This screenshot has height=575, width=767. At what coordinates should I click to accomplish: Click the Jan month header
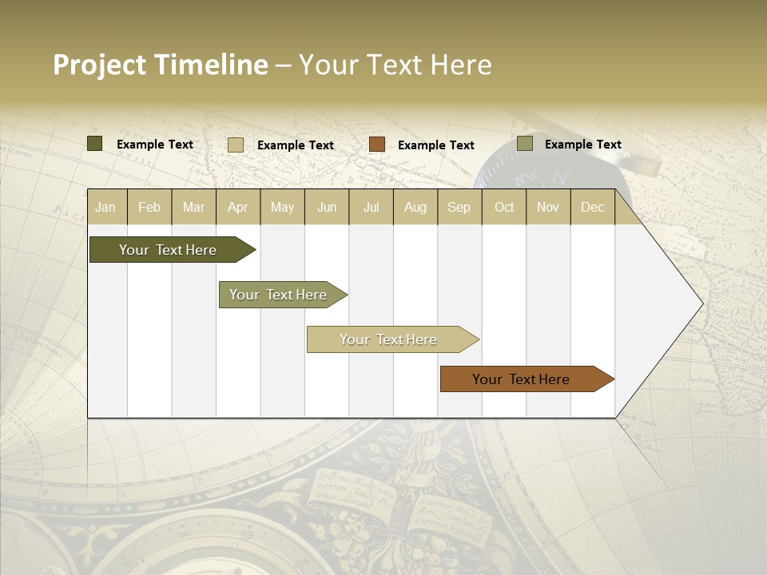tap(105, 207)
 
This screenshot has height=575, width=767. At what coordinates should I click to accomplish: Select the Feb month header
tap(149, 207)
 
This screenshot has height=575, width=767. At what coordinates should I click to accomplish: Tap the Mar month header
tap(193, 207)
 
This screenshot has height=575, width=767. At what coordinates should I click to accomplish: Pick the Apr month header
tap(238, 207)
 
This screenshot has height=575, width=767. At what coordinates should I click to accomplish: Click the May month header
tap(282, 207)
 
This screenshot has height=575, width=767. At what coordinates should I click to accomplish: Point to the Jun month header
tap(327, 207)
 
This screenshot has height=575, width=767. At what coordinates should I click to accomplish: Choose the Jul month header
tap(371, 207)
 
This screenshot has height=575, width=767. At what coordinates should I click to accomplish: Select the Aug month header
tap(415, 207)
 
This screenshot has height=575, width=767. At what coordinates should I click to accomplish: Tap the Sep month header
tap(459, 207)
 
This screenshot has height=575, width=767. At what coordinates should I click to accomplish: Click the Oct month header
tap(504, 207)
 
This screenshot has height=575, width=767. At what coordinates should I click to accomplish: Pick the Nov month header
tap(548, 207)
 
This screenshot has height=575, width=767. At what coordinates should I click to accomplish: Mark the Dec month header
tap(593, 207)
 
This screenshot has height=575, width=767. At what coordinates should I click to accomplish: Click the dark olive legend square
tap(95, 144)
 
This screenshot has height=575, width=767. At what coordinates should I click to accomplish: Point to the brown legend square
tap(377, 145)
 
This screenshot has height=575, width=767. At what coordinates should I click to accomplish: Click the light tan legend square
tap(236, 145)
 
